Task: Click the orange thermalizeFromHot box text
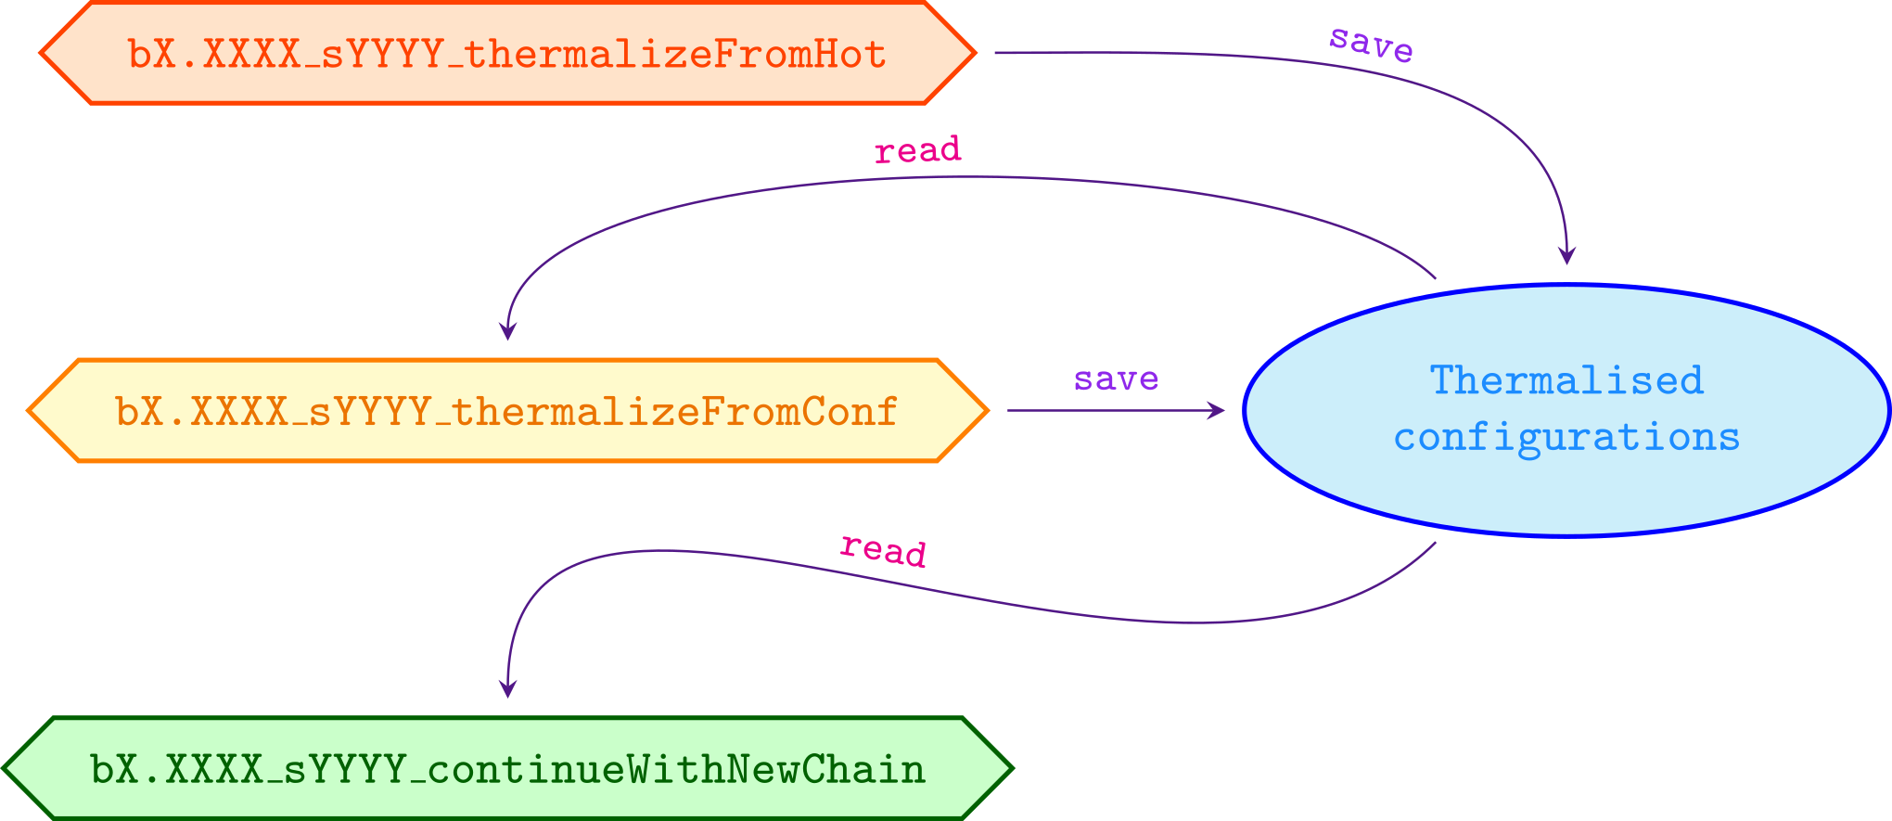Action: (506, 55)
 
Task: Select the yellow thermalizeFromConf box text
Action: (506, 411)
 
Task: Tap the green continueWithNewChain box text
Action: (506, 770)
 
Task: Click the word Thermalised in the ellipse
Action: (1566, 380)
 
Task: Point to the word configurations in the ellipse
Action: (1566, 437)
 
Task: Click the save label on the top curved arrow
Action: (1371, 44)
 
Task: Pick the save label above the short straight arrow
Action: (1116, 379)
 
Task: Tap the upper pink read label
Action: (917, 150)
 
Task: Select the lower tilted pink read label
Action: (883, 550)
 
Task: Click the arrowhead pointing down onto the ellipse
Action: (1566, 256)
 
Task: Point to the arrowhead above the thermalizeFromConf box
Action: (507, 331)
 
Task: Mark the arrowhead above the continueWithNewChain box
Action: (507, 688)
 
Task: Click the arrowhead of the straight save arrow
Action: (1217, 410)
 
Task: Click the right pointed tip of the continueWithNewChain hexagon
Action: (1011, 768)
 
